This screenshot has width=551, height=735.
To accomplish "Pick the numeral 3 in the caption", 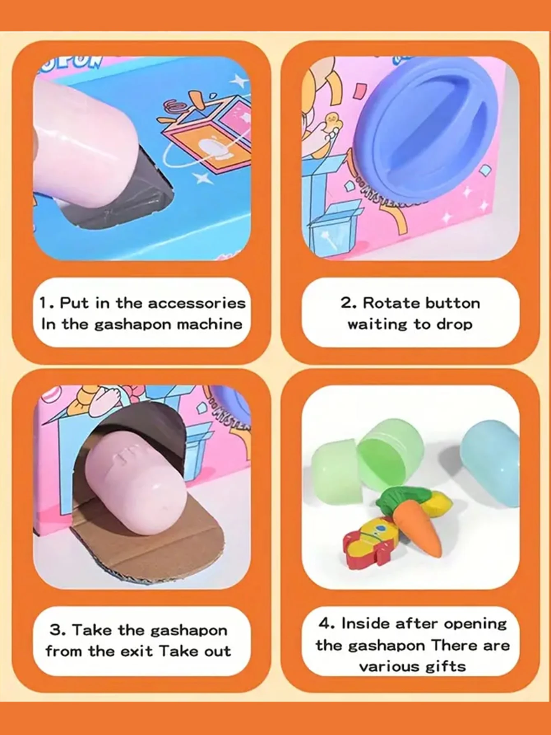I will [55, 630].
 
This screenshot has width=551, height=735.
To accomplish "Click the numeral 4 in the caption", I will [324, 623].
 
